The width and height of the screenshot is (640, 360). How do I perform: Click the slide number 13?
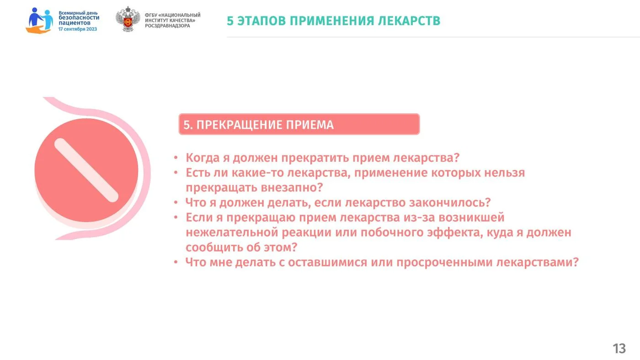(619, 349)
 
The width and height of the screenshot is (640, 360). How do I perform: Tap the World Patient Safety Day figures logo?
(39, 21)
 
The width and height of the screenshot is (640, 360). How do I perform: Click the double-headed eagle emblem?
(128, 19)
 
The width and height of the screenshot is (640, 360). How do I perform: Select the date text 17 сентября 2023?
(78, 29)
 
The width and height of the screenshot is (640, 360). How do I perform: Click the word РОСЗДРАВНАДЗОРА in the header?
(167, 26)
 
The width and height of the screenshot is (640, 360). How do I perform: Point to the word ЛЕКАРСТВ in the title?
(409, 21)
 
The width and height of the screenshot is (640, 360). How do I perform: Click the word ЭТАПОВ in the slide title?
(261, 21)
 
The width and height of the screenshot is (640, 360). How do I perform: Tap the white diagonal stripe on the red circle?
(86, 170)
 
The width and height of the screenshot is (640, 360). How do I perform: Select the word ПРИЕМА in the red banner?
(310, 125)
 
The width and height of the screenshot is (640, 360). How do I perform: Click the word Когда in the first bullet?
(203, 158)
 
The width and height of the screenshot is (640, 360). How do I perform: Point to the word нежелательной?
(232, 233)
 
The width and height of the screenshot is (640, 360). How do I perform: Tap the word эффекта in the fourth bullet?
(453, 233)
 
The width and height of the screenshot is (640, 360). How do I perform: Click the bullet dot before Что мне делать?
(176, 262)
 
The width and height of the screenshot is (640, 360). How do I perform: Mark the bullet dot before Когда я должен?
(176, 158)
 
